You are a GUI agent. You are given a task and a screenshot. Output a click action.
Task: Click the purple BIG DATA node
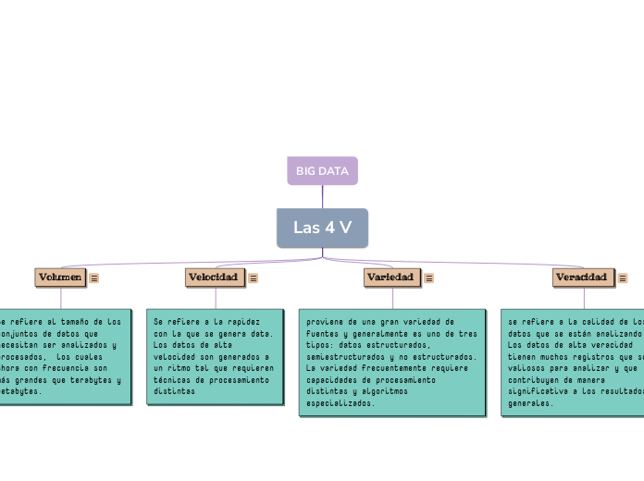(322, 171)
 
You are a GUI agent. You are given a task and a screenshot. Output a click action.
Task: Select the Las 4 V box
(322, 228)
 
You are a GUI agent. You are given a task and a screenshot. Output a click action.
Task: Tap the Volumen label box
(60, 277)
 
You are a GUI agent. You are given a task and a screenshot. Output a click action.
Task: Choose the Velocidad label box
(214, 277)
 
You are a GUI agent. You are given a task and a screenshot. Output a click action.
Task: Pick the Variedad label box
(391, 277)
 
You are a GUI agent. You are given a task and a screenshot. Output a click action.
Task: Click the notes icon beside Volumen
(94, 277)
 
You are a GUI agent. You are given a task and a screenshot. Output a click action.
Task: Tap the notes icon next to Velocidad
(254, 277)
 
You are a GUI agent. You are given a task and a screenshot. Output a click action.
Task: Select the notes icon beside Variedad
(428, 277)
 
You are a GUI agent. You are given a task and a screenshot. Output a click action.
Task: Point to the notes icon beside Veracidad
(623, 278)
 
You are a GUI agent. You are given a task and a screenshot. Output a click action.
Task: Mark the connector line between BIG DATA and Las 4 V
(322, 196)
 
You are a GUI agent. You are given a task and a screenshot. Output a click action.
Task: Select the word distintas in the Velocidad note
(174, 391)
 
